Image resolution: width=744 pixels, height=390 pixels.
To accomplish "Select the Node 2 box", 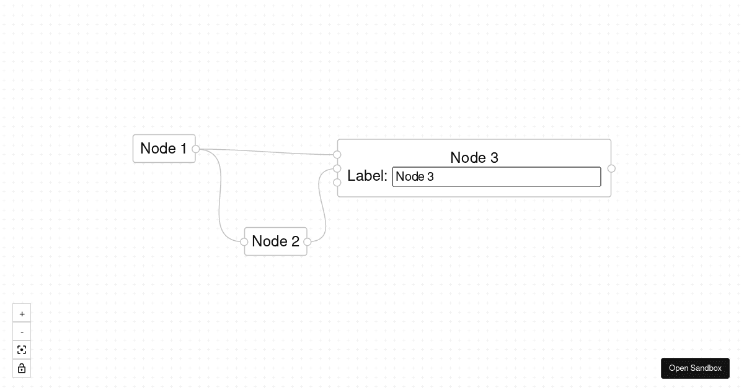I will (x=275, y=241).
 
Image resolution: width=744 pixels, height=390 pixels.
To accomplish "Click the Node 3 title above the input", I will (x=474, y=157).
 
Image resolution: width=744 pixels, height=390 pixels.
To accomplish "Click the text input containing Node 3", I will (x=496, y=176).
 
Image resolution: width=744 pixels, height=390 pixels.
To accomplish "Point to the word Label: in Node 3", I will (x=367, y=176).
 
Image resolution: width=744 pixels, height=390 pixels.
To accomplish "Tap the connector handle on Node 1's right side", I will (x=196, y=149).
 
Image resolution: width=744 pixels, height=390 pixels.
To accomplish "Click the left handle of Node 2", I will (x=244, y=242).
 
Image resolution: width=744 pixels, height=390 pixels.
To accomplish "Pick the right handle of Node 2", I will (x=308, y=242).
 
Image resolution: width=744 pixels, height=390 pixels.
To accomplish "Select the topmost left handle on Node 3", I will (x=337, y=154).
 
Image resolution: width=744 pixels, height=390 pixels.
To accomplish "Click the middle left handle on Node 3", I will (x=337, y=168).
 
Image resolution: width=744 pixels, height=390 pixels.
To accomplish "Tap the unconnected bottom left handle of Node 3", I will (x=337, y=183).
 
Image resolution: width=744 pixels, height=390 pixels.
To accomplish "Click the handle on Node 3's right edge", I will (x=611, y=168).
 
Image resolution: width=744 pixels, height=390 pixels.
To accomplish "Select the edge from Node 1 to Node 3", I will (x=267, y=151).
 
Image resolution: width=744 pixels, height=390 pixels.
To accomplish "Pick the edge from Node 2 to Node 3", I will (x=322, y=204).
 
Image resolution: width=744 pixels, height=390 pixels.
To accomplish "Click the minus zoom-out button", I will (x=22, y=332).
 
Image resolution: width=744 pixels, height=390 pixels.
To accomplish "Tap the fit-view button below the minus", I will (x=22, y=350).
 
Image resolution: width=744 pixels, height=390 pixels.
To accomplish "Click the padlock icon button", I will (x=22, y=368).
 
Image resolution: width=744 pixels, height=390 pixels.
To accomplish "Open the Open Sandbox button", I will (x=695, y=368).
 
